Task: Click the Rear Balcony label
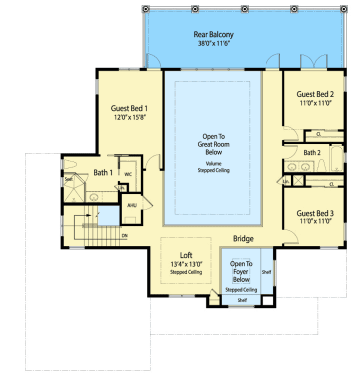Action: (x=213, y=35)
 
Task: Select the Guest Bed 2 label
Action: (x=315, y=94)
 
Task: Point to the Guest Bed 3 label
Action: (x=315, y=213)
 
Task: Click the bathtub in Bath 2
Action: (x=337, y=156)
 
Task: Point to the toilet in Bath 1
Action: (x=69, y=165)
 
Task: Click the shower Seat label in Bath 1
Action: (x=67, y=178)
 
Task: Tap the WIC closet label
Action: (x=127, y=174)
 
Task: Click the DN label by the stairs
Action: (x=124, y=235)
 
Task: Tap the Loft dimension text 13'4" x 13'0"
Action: (x=185, y=264)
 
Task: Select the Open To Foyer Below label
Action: (x=241, y=271)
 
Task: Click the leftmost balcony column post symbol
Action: (x=145, y=9)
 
